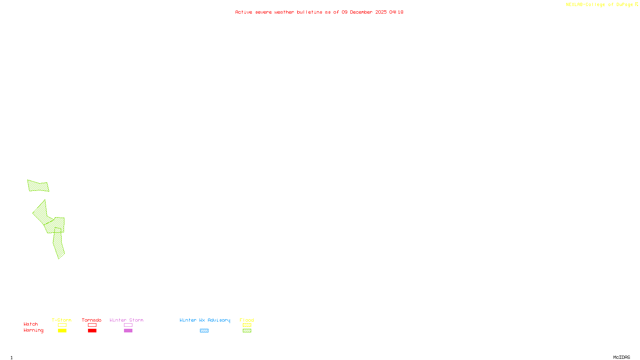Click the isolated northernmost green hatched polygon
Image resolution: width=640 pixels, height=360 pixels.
coord(38,186)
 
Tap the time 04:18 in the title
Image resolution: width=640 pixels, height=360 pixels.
coord(396,12)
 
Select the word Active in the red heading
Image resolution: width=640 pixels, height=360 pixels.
coord(244,12)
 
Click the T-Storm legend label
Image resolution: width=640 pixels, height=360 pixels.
coord(62,320)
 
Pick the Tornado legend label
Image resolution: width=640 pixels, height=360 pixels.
coord(92,320)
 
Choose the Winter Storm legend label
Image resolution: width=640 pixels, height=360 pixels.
coord(126,320)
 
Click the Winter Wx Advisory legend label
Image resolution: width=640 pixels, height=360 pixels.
coord(205,320)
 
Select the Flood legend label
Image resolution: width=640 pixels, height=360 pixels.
coord(247,320)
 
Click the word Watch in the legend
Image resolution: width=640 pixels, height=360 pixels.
coord(31,324)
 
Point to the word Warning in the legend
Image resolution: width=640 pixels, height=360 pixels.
coord(34,330)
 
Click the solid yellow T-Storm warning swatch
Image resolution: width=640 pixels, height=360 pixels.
coord(62,331)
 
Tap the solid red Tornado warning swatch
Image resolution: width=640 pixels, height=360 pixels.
coord(92,331)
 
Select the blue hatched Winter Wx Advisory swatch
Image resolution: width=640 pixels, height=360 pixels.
coord(204,331)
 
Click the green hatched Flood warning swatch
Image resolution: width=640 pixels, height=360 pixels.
coord(247,331)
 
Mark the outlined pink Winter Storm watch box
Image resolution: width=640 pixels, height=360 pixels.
coord(128,325)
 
